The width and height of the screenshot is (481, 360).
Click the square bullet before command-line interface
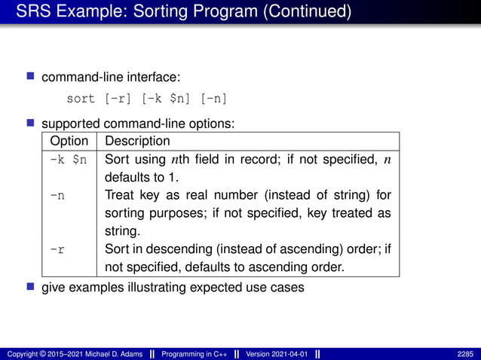(31, 76)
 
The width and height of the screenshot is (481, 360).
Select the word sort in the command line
(81, 99)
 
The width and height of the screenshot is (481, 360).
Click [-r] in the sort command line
(117, 99)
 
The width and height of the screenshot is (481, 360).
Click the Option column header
(69, 141)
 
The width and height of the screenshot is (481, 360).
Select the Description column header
(137, 141)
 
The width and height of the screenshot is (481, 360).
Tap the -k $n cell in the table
(69, 159)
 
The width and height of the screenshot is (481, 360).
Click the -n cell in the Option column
(57, 195)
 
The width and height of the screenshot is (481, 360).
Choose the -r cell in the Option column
(57, 249)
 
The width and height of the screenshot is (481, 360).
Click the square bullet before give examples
(31, 286)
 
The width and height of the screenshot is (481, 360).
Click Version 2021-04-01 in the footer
(276, 353)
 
